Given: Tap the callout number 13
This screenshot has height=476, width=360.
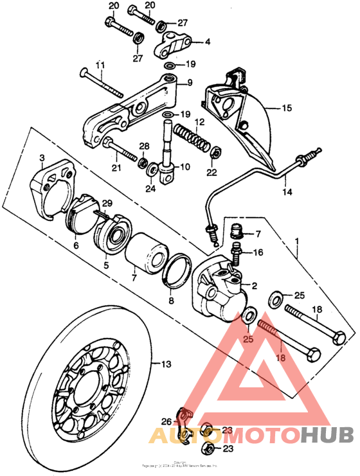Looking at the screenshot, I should pyautogui.click(x=166, y=364).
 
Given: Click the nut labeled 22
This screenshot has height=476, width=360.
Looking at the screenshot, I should pyautogui.click(x=217, y=153).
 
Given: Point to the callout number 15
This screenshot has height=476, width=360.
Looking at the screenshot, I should pyautogui.click(x=286, y=109).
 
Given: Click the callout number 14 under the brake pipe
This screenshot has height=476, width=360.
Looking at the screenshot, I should pyautogui.click(x=287, y=191).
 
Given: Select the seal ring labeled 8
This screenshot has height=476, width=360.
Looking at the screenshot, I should pyautogui.click(x=175, y=270).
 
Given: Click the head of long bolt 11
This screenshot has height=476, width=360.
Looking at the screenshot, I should pyautogui.click(x=83, y=73).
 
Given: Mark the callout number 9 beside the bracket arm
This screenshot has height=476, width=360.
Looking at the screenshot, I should pyautogui.click(x=190, y=82).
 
